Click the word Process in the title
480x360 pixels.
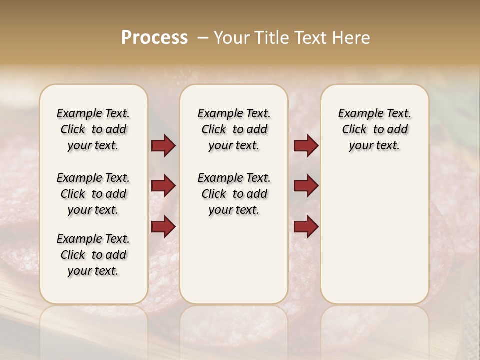point(154,38)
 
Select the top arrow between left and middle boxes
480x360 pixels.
point(163,146)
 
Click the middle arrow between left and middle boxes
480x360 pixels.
point(163,186)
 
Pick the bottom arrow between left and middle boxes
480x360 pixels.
point(163,227)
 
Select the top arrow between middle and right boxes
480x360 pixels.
point(306,146)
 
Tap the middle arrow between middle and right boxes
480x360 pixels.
point(306,186)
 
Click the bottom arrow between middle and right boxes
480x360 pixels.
point(306,227)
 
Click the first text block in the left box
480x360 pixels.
point(93,129)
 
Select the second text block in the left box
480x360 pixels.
point(93,194)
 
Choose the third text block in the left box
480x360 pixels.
point(93,255)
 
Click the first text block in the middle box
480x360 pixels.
point(234,129)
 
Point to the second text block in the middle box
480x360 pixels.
point(234,194)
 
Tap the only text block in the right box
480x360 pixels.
point(374,129)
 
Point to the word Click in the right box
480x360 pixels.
point(354,130)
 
